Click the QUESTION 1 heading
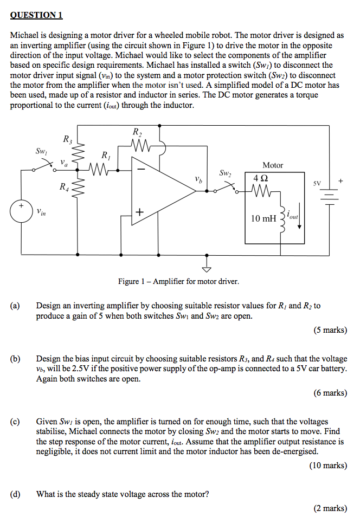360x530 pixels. tap(36, 15)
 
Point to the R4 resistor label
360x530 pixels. tap(64, 187)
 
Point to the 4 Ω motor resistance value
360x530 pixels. tap(260, 177)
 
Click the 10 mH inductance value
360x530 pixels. tap(262, 218)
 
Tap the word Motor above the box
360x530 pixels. tap(272, 165)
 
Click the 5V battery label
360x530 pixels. tap(317, 183)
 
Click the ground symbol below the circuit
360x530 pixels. tap(206, 268)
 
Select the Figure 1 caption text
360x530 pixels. tap(178, 281)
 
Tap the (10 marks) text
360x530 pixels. tap(328, 465)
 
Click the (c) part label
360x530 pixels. tap(15, 421)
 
